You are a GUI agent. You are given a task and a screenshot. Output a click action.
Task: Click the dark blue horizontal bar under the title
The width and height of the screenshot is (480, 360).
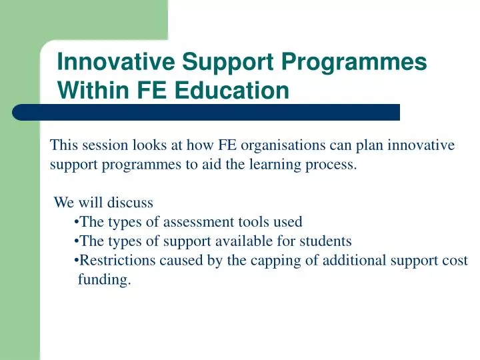pyautogui.click(x=207, y=112)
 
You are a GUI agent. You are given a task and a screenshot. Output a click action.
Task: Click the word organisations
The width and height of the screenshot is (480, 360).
pyautogui.click(x=288, y=145)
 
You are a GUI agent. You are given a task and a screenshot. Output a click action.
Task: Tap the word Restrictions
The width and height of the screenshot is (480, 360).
pyautogui.click(x=115, y=261)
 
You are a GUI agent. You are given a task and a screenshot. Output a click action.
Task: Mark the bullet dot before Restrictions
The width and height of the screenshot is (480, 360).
pyautogui.click(x=78, y=261)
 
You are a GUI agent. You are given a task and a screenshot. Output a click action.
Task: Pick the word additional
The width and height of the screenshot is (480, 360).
pyautogui.click(x=353, y=261)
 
